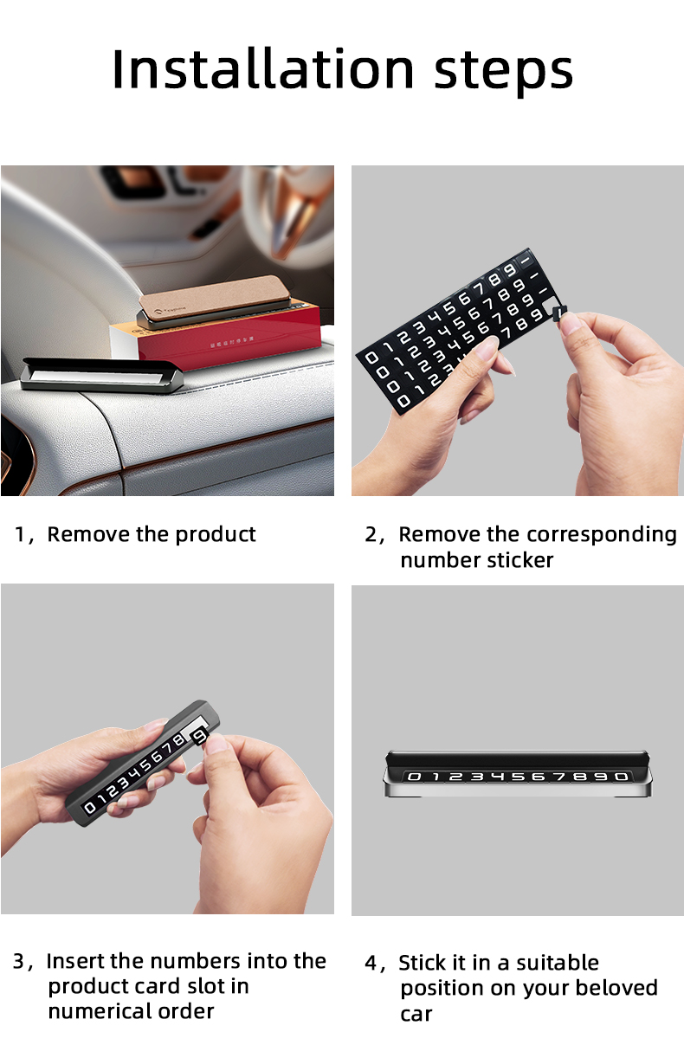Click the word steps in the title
tap(503, 71)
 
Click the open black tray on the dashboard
tap(100, 377)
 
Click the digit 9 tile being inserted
tap(199, 737)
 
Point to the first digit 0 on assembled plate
tap(414, 777)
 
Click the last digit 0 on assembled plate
tap(621, 777)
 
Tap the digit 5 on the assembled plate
tap(517, 777)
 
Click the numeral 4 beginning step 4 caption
tap(371, 963)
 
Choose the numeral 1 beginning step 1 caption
tap(20, 534)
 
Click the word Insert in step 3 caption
tap(75, 961)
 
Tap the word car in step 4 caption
tap(416, 1014)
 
